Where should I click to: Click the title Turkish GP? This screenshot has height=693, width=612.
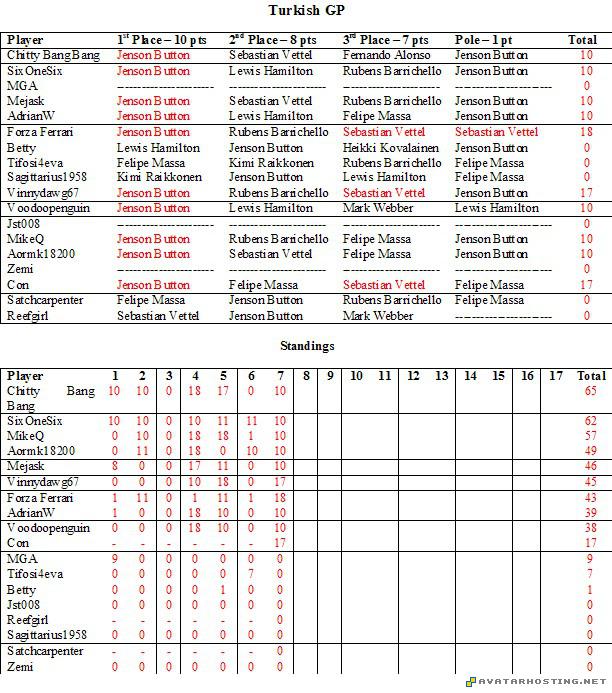point(307,10)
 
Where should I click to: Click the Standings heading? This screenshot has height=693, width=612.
point(307,346)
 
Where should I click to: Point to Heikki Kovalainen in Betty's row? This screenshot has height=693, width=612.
point(389,148)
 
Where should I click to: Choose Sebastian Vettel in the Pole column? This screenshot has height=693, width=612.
point(496,132)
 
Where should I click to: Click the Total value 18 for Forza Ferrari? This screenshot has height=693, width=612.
point(586,132)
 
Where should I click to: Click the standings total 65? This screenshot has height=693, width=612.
point(590,392)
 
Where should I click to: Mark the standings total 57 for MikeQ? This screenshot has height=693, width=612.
point(590,436)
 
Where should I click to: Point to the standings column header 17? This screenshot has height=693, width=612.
point(557,376)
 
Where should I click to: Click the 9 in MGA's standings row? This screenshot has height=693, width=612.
point(115,558)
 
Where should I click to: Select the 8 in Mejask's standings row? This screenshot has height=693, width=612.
point(115,466)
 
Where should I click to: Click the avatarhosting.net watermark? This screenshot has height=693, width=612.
point(536,681)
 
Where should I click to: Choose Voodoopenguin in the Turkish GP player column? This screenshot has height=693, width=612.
point(48,209)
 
